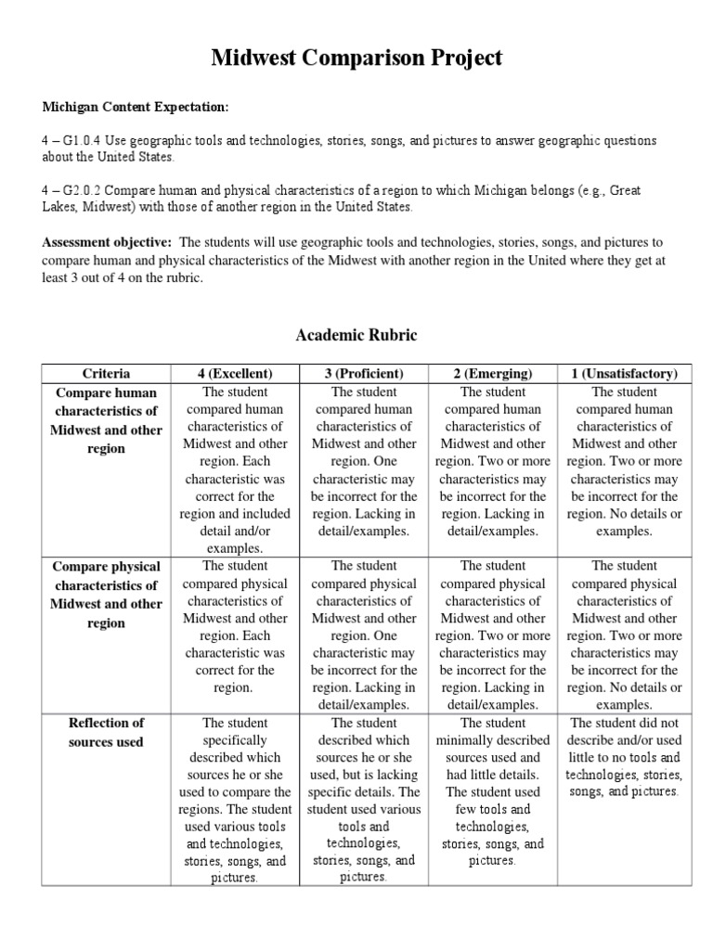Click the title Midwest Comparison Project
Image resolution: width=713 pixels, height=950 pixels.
pyautogui.click(x=356, y=58)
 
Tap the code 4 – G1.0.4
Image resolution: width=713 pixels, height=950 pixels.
pyautogui.click(x=74, y=140)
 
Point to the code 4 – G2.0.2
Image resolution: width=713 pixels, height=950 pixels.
pyautogui.click(x=74, y=189)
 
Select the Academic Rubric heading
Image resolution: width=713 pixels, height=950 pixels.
pyautogui.click(x=356, y=335)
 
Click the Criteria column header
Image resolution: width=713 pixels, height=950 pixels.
pyautogui.click(x=107, y=373)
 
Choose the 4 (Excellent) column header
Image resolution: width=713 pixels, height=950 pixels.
pyautogui.click(x=235, y=373)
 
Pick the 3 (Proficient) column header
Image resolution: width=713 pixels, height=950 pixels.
pyautogui.click(x=364, y=373)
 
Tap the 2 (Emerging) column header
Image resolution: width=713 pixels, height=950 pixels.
pyautogui.click(x=493, y=373)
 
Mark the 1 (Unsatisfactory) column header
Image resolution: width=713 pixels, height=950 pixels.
pyautogui.click(x=624, y=373)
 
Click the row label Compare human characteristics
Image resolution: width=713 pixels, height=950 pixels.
pyautogui.click(x=107, y=420)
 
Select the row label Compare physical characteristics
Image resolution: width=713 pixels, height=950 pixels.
pyautogui.click(x=107, y=594)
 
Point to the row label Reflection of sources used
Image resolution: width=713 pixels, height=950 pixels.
pyautogui.click(x=107, y=732)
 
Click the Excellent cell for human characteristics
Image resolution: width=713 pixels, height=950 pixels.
pyautogui.click(x=235, y=469)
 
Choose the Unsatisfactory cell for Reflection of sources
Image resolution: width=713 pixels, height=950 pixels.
pyautogui.click(x=624, y=757)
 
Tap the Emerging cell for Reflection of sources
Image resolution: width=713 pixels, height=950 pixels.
pyautogui.click(x=493, y=791)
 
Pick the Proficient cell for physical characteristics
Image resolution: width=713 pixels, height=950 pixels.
pyautogui.click(x=364, y=635)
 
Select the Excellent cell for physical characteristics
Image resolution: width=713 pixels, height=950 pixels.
pyautogui.click(x=235, y=626)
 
